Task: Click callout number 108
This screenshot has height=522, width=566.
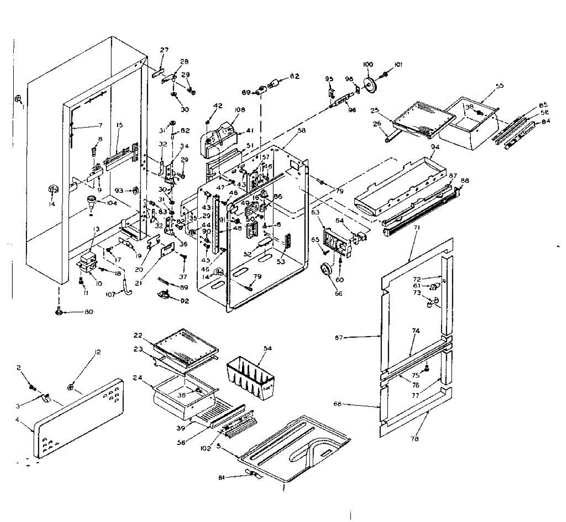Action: click(240, 110)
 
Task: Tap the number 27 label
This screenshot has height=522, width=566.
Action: click(164, 50)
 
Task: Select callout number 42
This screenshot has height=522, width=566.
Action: click(217, 106)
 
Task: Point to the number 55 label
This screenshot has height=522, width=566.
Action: click(499, 86)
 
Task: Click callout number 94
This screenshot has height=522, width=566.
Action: click(435, 147)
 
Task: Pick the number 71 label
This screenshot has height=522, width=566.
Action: click(416, 228)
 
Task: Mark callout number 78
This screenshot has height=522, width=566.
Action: click(415, 439)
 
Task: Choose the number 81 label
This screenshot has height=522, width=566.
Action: click(222, 477)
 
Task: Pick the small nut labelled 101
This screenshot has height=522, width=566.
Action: click(386, 74)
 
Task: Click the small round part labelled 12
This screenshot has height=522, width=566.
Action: click(71, 387)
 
